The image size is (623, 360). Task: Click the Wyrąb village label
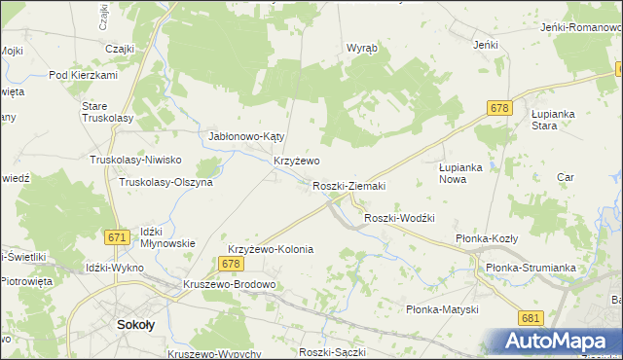362,48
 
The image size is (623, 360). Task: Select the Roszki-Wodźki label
398,218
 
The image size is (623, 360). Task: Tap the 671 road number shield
118,237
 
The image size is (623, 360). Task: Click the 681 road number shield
531,318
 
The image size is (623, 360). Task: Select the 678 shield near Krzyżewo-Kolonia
230,264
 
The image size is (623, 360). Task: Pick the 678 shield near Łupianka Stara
500,108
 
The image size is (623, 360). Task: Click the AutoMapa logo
559,342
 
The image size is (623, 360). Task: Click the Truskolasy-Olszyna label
165,182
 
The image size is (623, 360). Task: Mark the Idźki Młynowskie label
167,237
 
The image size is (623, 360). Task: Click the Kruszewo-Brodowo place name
230,285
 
